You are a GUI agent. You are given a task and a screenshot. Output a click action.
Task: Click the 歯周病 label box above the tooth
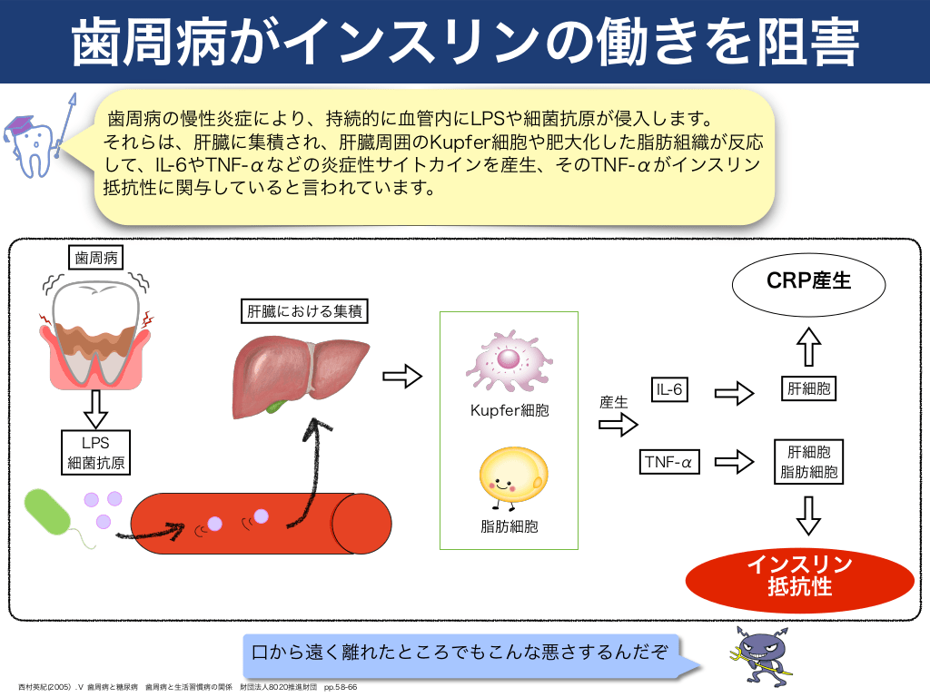click(95, 258)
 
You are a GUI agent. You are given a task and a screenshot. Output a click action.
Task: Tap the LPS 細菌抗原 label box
click(95, 452)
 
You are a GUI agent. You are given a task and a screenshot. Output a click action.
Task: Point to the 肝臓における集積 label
click(307, 311)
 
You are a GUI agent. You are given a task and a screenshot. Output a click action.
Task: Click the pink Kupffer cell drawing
click(508, 359)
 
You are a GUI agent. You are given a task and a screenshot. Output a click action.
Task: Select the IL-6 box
click(670, 390)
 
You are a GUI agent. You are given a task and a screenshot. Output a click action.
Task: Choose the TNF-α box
click(668, 462)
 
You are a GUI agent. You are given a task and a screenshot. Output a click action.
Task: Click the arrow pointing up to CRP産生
click(807, 346)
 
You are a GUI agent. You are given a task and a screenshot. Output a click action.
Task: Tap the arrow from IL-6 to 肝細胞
click(735, 393)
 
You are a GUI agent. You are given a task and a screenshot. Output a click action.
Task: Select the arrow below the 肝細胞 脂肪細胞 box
click(808, 514)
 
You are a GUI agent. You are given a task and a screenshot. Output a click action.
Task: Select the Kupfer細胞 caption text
click(509, 410)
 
